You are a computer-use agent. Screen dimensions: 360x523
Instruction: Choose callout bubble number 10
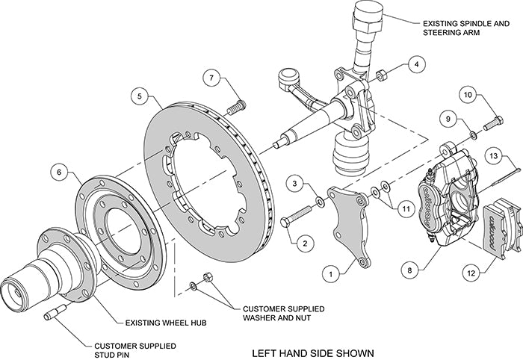point(466,96)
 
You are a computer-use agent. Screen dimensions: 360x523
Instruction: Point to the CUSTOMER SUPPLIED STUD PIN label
point(134,330)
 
